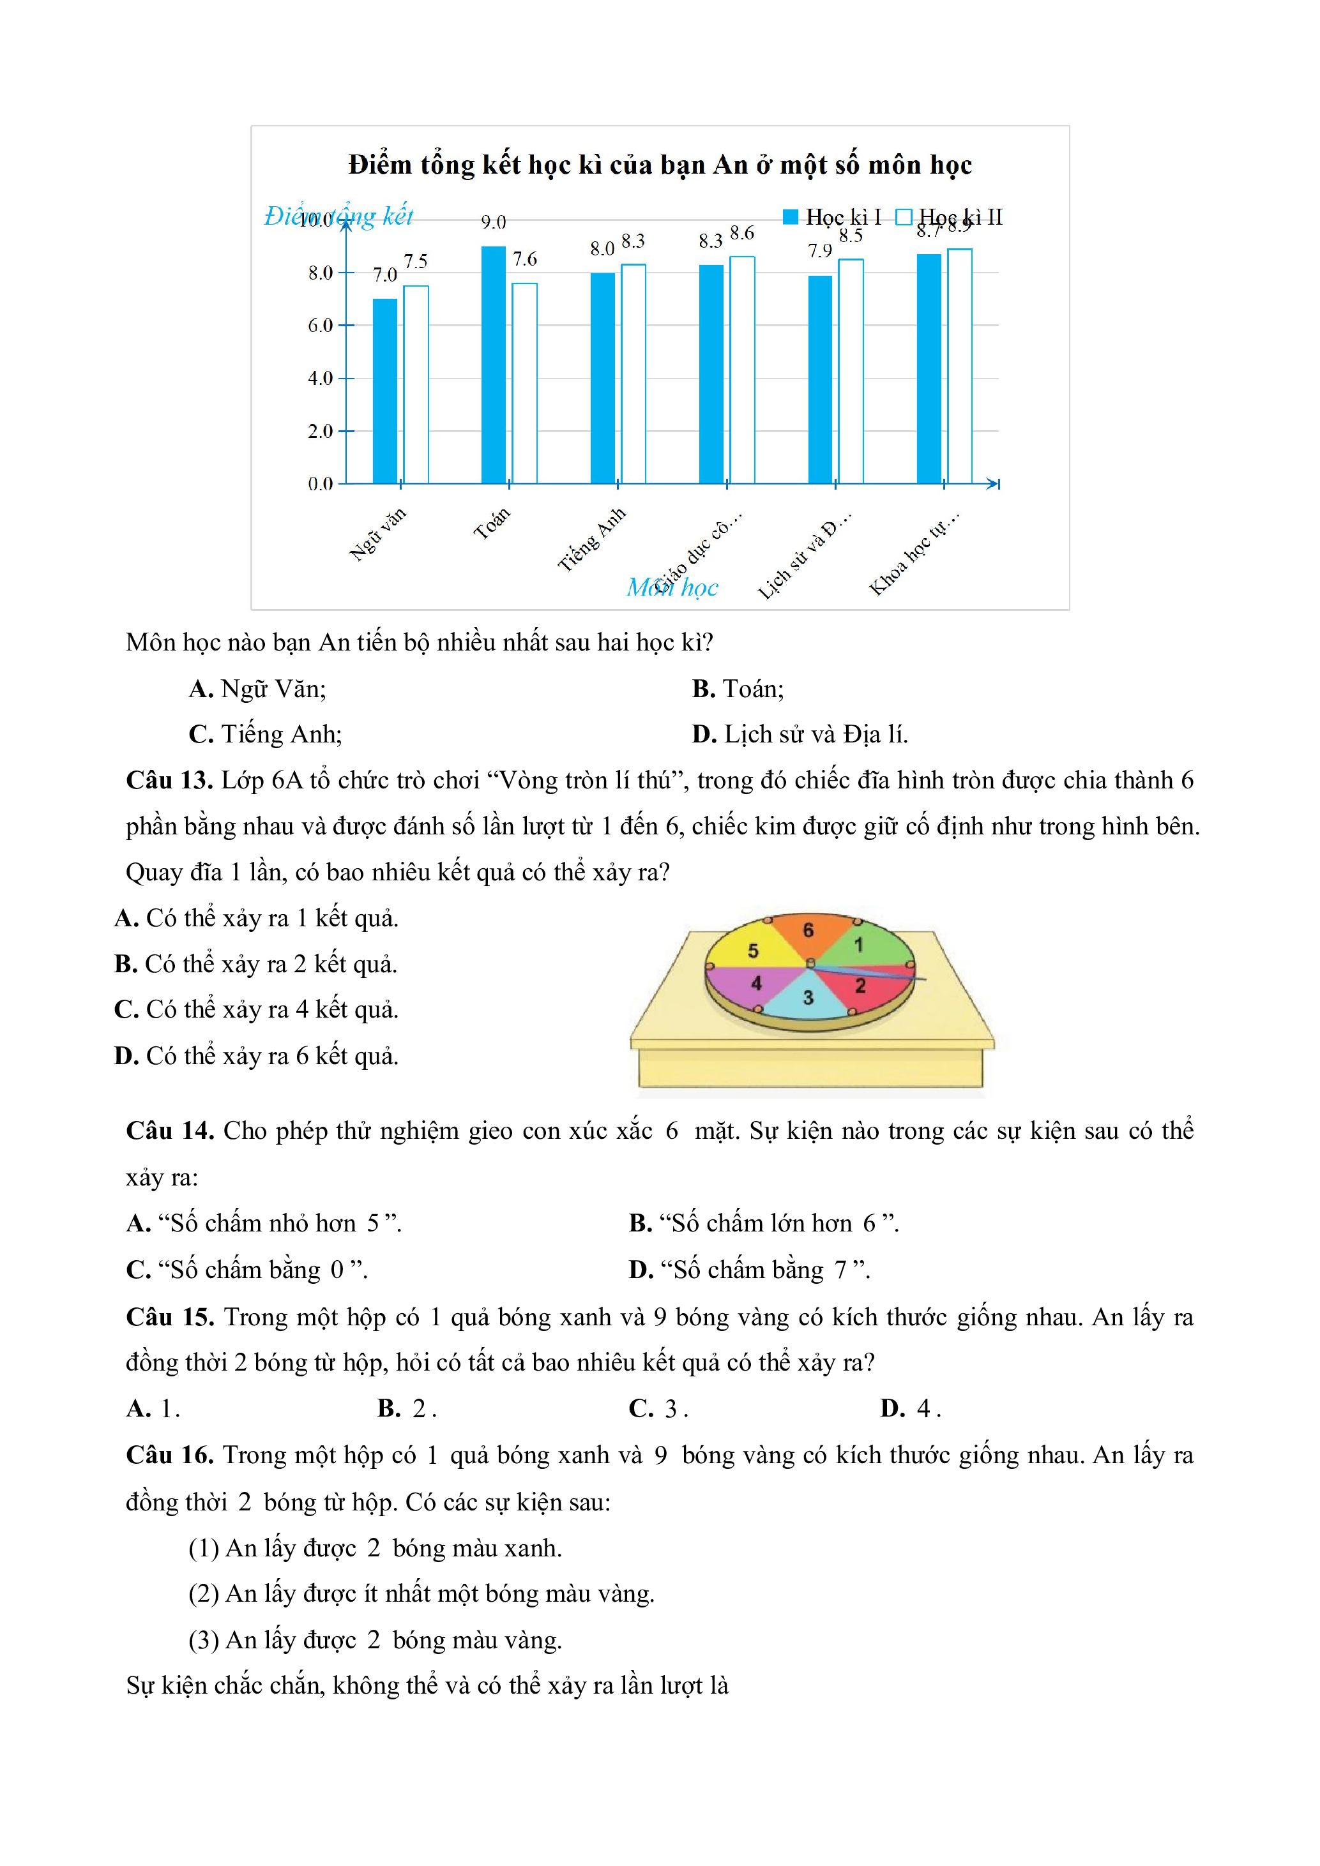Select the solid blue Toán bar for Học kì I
(x=494, y=366)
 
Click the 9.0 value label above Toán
(x=494, y=222)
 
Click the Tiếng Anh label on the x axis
(x=592, y=539)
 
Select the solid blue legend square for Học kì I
(x=790, y=217)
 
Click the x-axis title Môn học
(x=672, y=587)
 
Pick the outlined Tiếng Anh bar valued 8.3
(x=633, y=374)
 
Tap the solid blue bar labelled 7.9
(x=820, y=380)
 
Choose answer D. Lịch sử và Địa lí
(x=800, y=735)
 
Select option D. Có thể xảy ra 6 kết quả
(x=257, y=1056)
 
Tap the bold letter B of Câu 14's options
(x=640, y=1223)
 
